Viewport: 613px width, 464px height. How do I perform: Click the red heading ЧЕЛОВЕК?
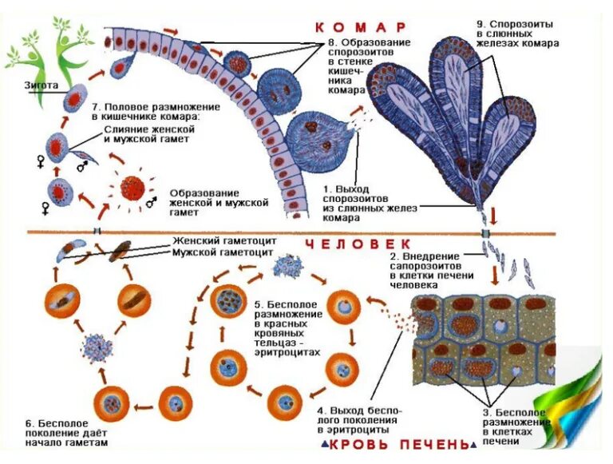(x=359, y=243)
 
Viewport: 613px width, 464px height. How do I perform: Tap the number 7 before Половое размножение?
(x=96, y=105)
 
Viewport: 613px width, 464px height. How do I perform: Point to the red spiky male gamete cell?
(x=132, y=188)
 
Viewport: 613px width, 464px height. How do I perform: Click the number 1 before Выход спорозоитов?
(x=326, y=189)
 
